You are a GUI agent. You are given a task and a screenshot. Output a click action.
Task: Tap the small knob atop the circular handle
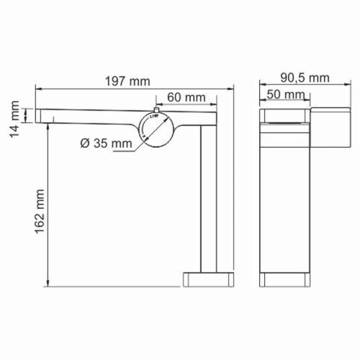pos(156,110)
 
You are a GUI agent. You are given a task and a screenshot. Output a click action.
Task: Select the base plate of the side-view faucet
pos(209,279)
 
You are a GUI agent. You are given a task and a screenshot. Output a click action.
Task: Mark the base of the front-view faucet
pos(286,279)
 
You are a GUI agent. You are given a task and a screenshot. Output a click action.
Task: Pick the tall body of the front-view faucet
pos(286,202)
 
